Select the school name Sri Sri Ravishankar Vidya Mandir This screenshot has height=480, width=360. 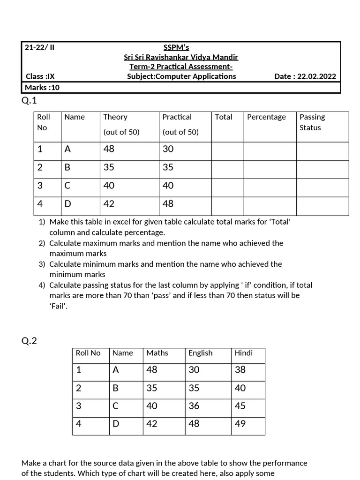pos(181,57)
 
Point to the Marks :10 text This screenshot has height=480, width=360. pos(42,87)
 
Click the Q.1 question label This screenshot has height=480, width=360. pos(29,100)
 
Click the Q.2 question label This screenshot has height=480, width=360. pos(29,341)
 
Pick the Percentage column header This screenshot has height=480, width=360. pos(266,117)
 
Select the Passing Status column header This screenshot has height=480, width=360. pos(312,122)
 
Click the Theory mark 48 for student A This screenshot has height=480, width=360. pos(109,149)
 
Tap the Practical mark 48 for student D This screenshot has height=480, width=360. pos(168,203)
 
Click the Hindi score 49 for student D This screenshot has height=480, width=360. pos(240,424)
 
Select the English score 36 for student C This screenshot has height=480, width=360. pos(194,406)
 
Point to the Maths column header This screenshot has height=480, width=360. pos(157,353)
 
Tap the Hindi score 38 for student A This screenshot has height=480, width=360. pos(240,370)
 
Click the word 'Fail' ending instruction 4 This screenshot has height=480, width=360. pos(59,306)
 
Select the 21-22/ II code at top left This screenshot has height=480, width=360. pos(40,47)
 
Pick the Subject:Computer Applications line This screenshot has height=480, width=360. pos(181,76)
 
